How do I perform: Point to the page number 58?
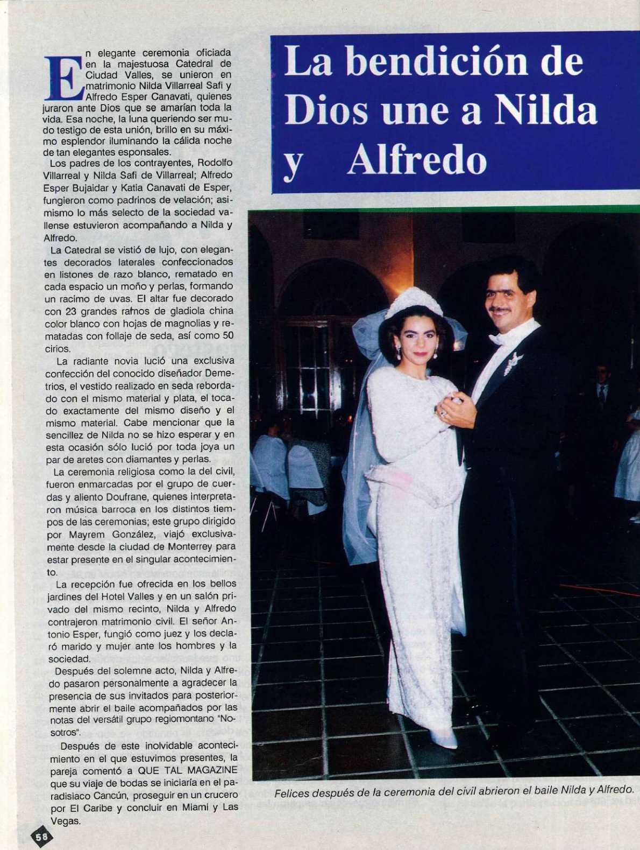41,836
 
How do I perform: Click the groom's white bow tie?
500,338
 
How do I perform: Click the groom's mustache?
502,310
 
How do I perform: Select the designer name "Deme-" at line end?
221,374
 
